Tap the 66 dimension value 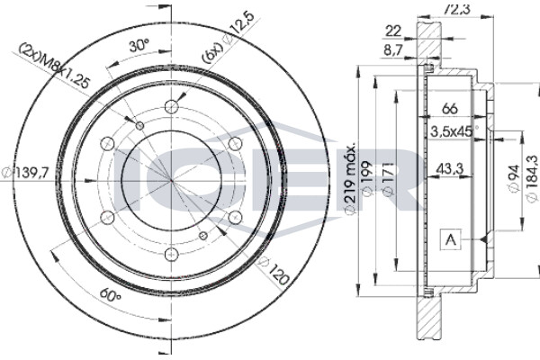(x=450, y=109)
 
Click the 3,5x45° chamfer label (x=454, y=131)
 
